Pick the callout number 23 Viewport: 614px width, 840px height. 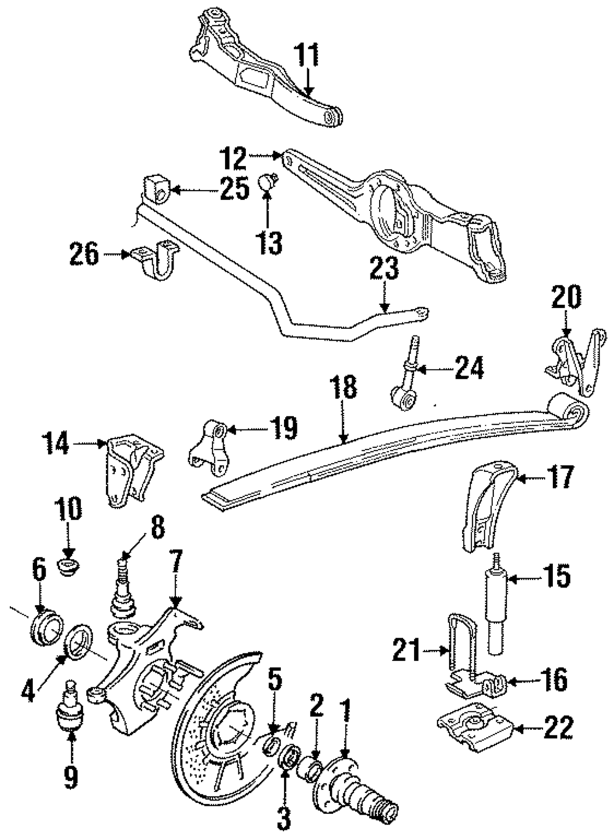(x=384, y=270)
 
